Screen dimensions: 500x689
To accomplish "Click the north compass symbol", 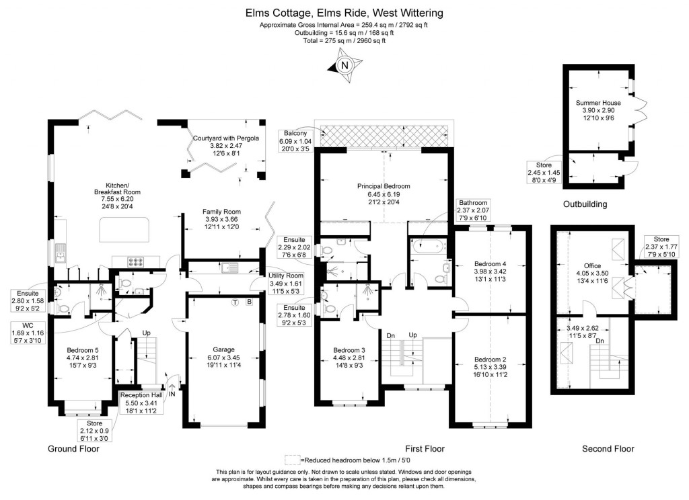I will (x=344, y=65).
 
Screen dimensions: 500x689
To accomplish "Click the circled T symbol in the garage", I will (x=235, y=302).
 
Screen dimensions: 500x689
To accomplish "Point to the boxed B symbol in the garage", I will (x=249, y=302).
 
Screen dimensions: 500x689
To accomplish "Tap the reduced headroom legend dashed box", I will (x=291, y=460).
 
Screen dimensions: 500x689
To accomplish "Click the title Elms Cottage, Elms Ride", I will (x=344, y=13).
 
